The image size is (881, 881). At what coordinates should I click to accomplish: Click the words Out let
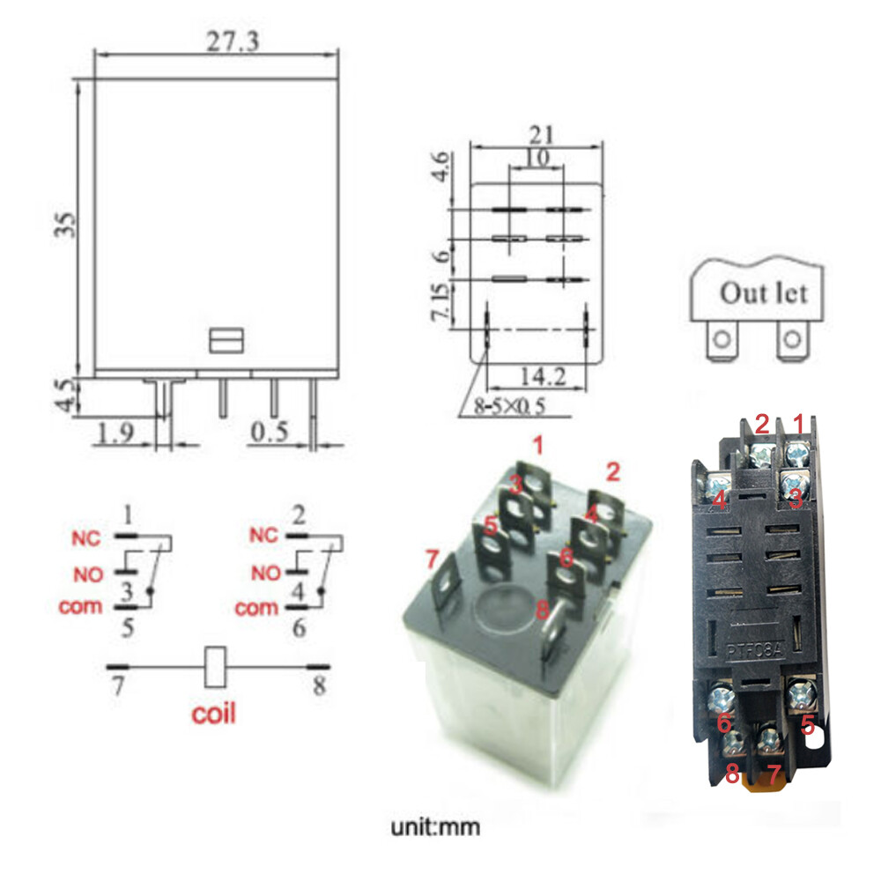click(763, 292)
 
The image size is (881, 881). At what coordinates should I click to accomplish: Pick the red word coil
click(213, 712)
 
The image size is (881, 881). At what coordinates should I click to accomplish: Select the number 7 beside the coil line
click(117, 685)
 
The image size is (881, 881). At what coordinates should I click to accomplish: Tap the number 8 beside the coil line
click(318, 685)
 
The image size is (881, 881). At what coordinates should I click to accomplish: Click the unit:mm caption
click(436, 828)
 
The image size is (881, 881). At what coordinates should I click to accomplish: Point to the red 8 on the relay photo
click(542, 609)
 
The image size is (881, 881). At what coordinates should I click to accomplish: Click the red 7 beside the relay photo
click(431, 559)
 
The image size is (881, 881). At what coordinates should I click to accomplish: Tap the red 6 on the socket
click(725, 722)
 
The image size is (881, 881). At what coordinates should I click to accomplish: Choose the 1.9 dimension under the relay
click(115, 433)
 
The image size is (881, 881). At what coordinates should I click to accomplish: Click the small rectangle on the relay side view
click(226, 339)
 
